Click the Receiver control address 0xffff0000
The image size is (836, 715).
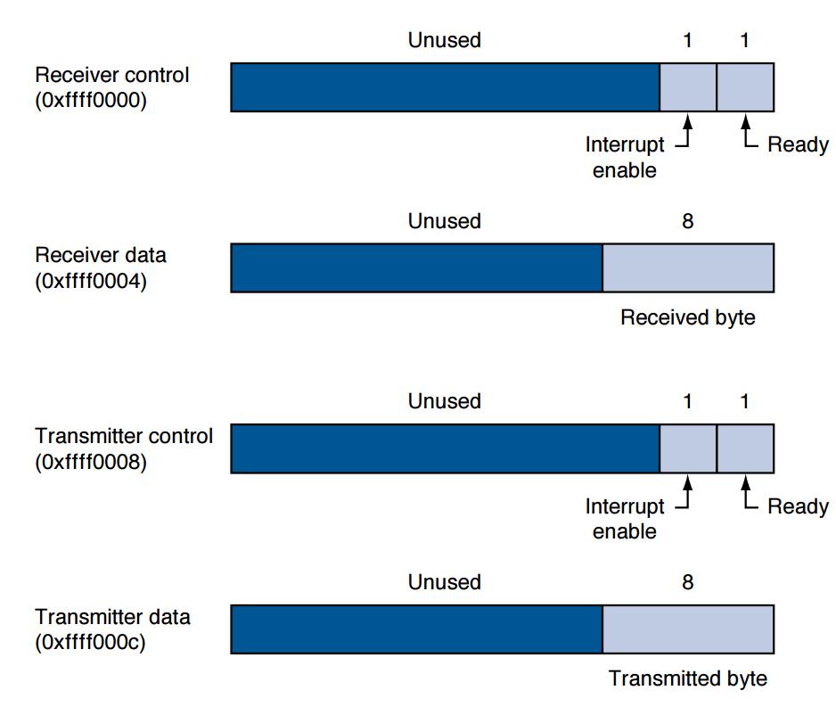(91, 100)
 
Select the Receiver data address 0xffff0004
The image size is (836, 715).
(91, 281)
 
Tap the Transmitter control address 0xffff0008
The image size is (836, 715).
(91, 462)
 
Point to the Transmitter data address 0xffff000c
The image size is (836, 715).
(90, 642)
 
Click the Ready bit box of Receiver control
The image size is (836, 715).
(745, 87)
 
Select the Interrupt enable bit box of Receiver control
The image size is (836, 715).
(688, 87)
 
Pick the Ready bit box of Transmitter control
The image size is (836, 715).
(745, 449)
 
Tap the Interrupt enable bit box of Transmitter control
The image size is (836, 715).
(688, 449)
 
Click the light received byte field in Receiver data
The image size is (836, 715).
(688, 268)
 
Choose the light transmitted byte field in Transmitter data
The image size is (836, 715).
(688, 629)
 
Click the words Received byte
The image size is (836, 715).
(688, 317)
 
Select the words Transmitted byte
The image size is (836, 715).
(688, 678)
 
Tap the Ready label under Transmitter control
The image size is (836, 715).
(799, 506)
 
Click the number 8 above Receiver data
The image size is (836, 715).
(688, 221)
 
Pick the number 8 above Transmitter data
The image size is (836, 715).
(688, 582)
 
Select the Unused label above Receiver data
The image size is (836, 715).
(445, 221)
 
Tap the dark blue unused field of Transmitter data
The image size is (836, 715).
(417, 629)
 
